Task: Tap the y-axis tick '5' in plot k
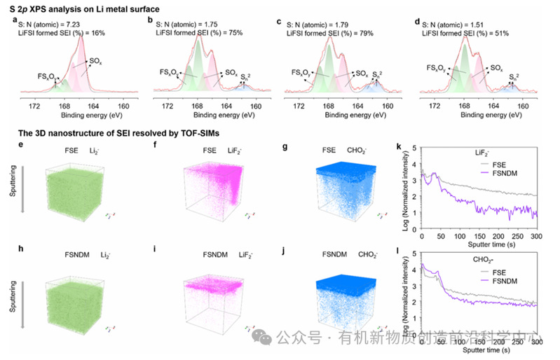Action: point(415,148)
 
